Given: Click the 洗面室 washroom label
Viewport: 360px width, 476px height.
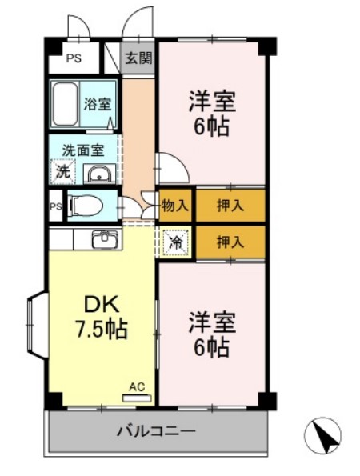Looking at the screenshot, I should [83, 149].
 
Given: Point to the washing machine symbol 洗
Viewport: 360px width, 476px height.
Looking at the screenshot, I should [62, 171].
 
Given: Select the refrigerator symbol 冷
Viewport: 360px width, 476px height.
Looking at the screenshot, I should [174, 242].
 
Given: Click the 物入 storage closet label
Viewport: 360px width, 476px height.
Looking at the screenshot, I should [174, 205].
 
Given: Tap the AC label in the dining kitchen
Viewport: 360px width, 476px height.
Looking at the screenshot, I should [137, 387].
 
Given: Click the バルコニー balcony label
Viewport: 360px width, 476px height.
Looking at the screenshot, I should [157, 432].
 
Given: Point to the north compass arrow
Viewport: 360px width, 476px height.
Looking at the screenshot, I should [323, 438].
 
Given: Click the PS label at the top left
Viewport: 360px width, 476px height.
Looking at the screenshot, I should [74, 58].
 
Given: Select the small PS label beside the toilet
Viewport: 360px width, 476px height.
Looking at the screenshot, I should [55, 206].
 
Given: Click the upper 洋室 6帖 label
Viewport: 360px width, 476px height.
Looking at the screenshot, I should [210, 115].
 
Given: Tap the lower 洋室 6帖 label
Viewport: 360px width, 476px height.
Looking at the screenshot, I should [210, 336].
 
